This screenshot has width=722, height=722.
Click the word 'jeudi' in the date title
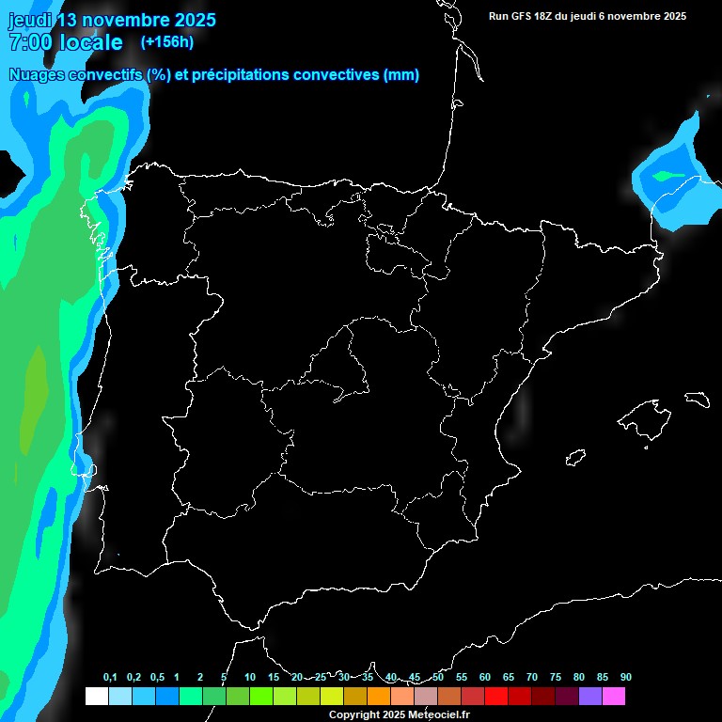(31, 20)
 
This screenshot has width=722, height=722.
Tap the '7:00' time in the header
(28, 42)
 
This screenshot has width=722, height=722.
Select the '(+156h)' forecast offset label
(166, 42)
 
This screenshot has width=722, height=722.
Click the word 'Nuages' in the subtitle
(39, 75)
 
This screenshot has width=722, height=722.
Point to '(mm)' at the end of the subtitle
(401, 75)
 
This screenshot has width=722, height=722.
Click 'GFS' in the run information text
(522, 16)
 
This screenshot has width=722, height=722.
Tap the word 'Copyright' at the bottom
(353, 715)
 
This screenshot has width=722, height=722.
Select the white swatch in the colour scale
(96, 697)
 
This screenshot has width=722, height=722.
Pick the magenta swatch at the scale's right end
(614, 697)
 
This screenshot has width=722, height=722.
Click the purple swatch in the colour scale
(590, 697)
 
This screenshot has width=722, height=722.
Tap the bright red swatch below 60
(496, 697)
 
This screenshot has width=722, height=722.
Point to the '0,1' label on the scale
(110, 678)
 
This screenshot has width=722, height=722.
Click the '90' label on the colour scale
(626, 678)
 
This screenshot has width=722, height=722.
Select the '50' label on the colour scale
(438, 678)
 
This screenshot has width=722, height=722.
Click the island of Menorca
(697, 400)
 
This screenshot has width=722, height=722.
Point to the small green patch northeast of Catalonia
(668, 176)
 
